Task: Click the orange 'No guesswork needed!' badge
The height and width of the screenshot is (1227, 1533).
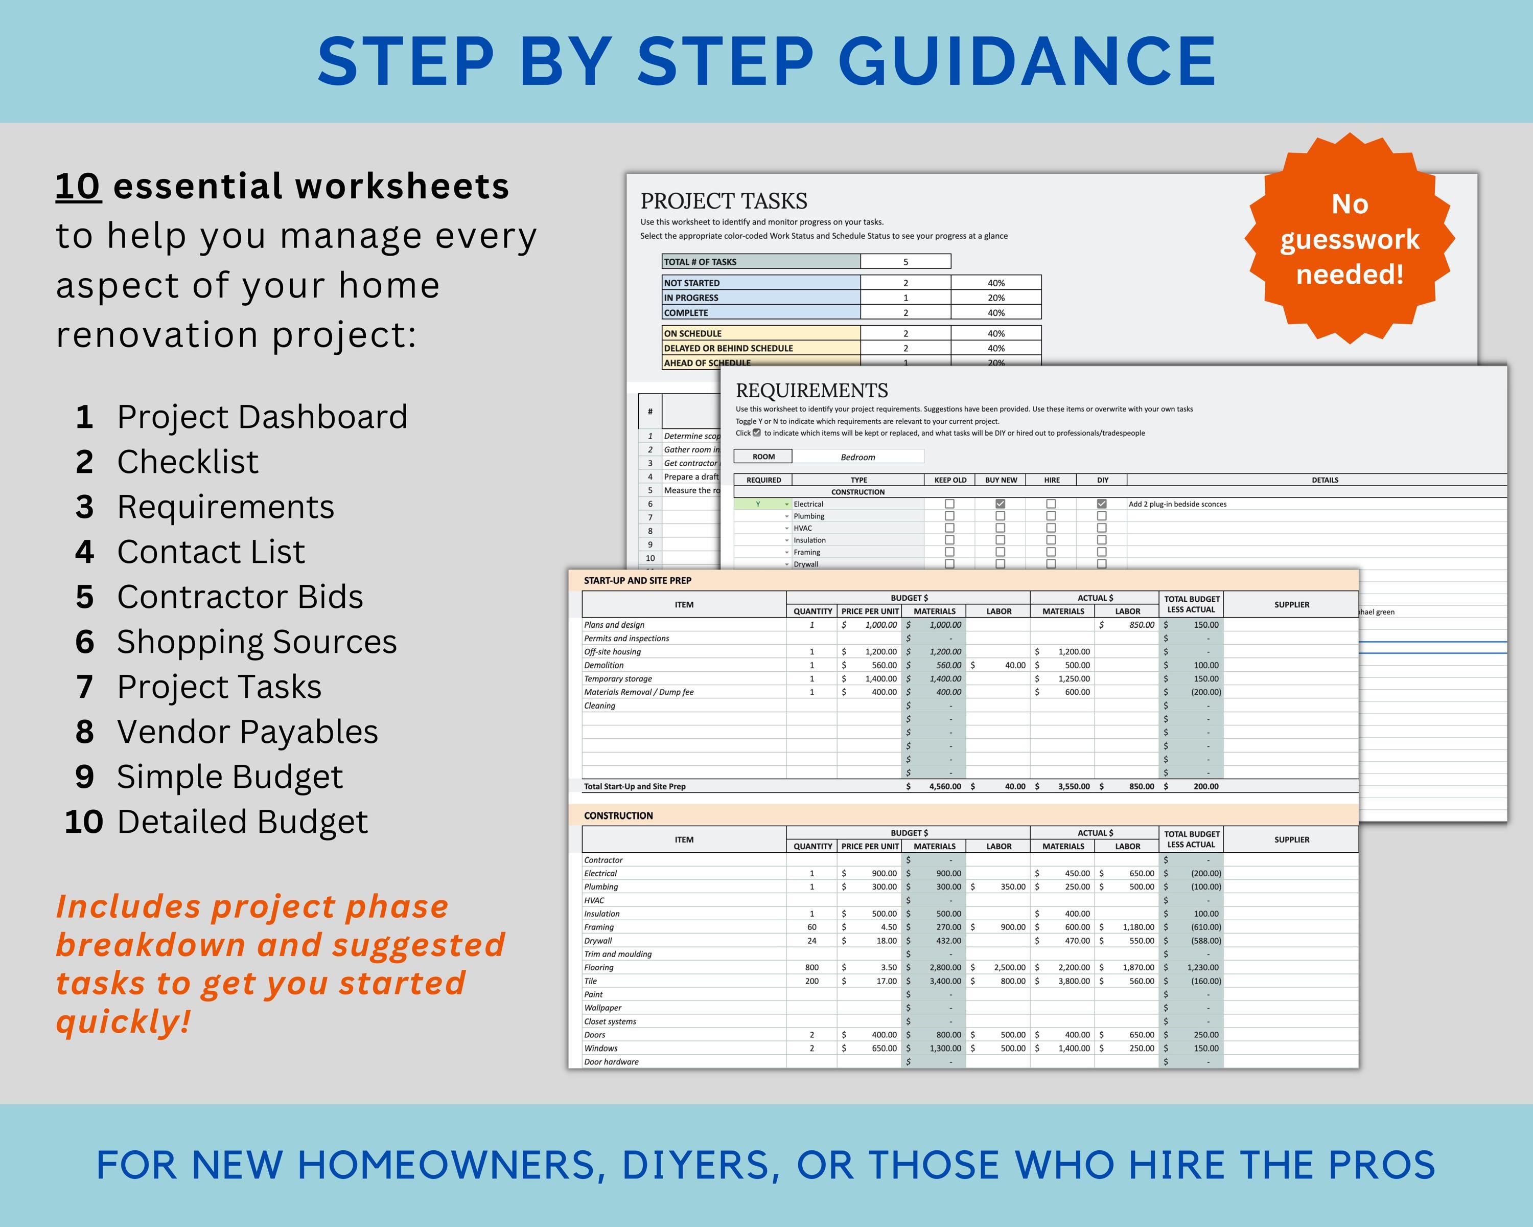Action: click(x=1349, y=238)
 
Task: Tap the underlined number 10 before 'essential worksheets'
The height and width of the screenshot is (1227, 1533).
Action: click(x=78, y=187)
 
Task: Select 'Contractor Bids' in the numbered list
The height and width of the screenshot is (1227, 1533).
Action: click(x=240, y=597)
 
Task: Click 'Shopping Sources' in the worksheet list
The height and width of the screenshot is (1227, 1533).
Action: click(x=257, y=642)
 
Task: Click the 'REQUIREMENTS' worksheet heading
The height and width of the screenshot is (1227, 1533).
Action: click(x=811, y=391)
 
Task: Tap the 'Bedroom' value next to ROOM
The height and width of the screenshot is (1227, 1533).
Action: click(x=857, y=457)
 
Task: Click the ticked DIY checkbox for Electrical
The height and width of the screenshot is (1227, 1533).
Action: click(x=1101, y=504)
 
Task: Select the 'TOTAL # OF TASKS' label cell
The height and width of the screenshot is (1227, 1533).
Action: click(x=760, y=262)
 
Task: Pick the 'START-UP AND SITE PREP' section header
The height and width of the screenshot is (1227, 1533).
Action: click(x=637, y=580)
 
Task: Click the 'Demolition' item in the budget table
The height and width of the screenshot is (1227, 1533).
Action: click(x=603, y=665)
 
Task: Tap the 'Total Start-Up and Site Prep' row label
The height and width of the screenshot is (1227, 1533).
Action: click(x=634, y=786)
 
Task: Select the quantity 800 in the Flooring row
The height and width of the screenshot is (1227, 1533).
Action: click(x=811, y=967)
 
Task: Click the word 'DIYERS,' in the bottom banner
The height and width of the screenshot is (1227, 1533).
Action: click(x=695, y=1165)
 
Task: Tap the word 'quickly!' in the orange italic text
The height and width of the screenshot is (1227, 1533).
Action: click(x=124, y=1021)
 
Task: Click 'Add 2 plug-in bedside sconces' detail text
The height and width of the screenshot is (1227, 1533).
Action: click(x=1177, y=504)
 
